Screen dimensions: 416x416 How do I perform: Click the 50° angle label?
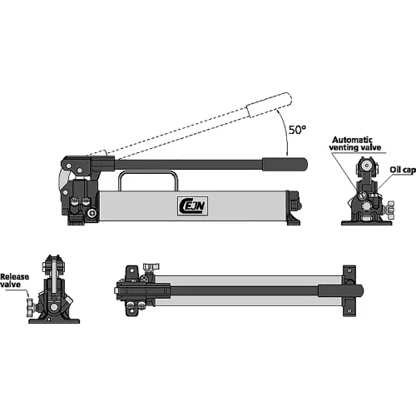297,130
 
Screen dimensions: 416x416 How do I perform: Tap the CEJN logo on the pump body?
193,206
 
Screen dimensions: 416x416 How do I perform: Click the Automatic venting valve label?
355,144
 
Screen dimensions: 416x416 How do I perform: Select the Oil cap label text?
403,170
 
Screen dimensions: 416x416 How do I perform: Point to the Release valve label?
14,280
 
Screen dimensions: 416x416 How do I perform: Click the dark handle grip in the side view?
285,164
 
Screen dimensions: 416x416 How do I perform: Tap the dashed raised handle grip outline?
270,105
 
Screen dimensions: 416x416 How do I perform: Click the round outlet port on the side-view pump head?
92,213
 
